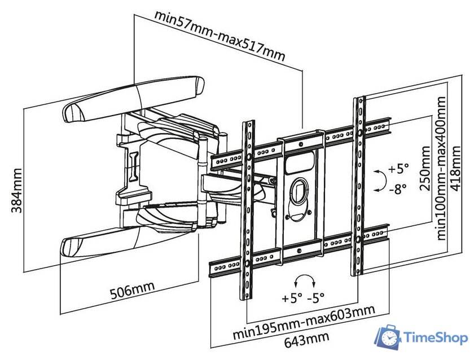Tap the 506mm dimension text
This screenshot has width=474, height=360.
(x=131, y=291)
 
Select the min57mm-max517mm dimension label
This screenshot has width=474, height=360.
(x=220, y=37)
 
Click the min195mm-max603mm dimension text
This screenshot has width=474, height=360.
(x=304, y=323)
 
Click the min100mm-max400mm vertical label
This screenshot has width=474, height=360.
(x=441, y=167)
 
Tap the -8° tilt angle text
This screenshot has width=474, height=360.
(x=397, y=190)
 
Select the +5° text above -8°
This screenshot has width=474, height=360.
(x=397, y=168)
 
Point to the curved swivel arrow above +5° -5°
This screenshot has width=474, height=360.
(x=306, y=280)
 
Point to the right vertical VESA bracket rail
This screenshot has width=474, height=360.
(x=359, y=186)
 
